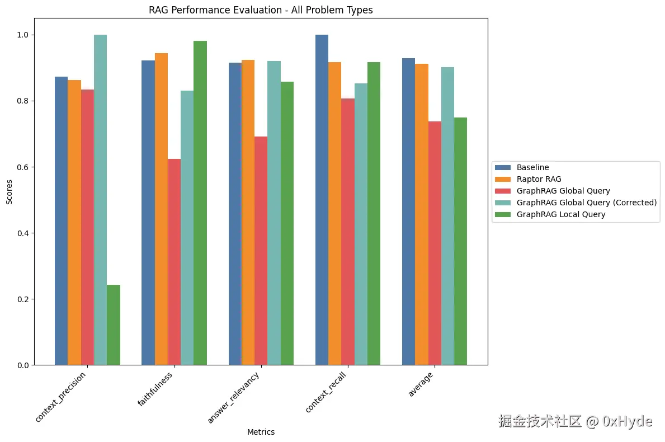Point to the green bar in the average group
point(460,241)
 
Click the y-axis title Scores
point(9,191)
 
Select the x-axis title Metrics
point(261,432)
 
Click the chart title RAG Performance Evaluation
point(261,10)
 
